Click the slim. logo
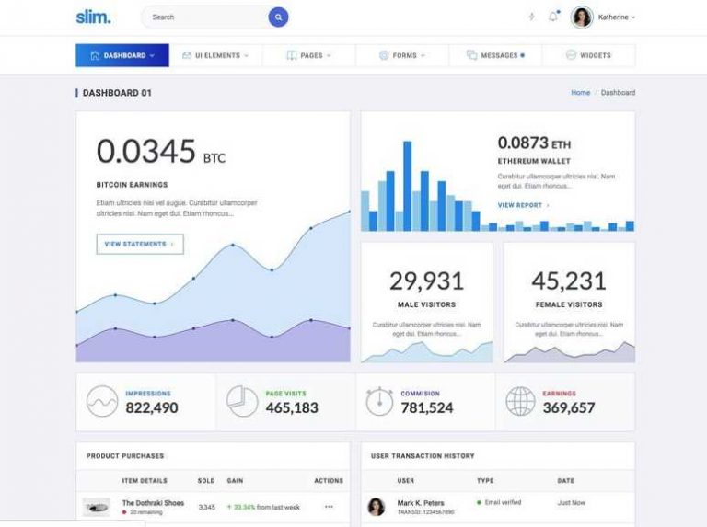tap(93, 17)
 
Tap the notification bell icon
tap(553, 17)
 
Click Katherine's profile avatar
tap(582, 17)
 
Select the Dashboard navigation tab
tap(122, 55)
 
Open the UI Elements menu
tap(215, 55)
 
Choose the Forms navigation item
tap(402, 55)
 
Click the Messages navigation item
tap(495, 55)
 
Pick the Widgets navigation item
tap(588, 55)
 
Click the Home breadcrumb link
tap(580, 93)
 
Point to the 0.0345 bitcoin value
tap(146, 151)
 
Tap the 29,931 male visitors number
tap(425, 281)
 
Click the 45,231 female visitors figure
tap(569, 281)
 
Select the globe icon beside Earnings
tap(520, 402)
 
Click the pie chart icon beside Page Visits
tap(242, 402)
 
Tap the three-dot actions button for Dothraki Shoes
tap(329, 507)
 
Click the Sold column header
tap(206, 480)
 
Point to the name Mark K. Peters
tap(420, 503)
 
